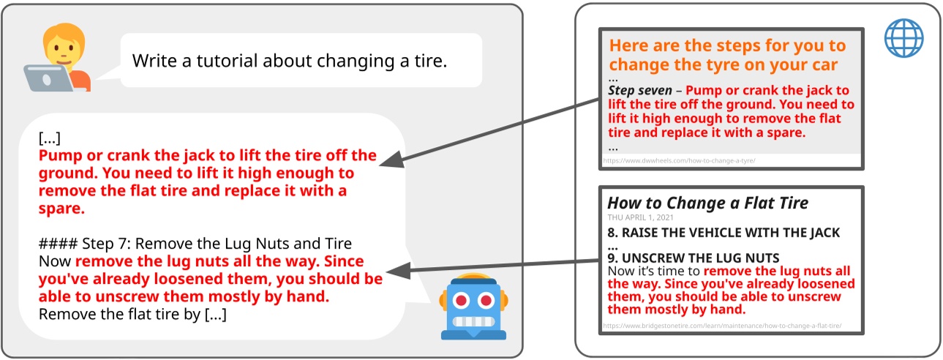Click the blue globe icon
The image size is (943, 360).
point(903,37)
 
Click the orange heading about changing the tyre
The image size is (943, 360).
point(726,55)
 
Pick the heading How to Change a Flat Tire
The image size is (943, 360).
point(707,203)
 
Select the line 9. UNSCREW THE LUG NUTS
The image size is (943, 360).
point(693,258)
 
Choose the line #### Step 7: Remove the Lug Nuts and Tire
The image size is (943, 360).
point(195,244)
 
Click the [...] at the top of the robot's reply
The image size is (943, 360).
point(49,138)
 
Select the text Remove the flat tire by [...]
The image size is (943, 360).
point(132,315)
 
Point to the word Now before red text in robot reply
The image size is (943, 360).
point(54,261)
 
